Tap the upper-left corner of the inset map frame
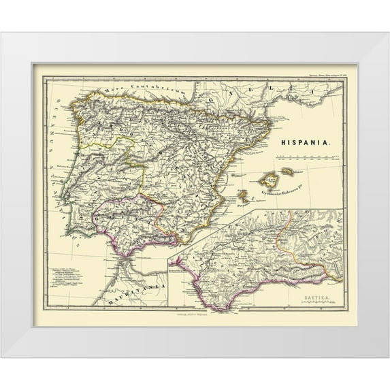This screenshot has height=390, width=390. [169, 258]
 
